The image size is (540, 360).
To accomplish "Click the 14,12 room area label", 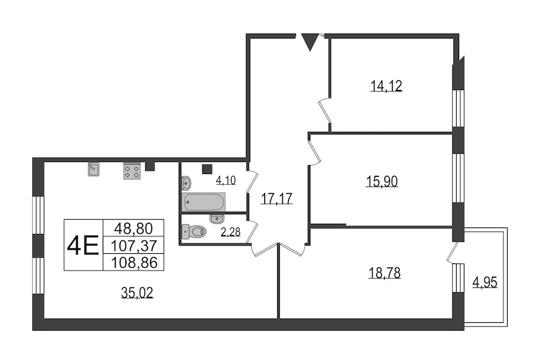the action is pos(386,86).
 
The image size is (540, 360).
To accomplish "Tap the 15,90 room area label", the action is pos(382,181).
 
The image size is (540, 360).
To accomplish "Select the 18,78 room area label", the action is pos(385,273).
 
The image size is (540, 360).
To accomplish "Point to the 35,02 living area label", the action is pos(137,292).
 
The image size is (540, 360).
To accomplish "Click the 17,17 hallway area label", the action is pos(277,199).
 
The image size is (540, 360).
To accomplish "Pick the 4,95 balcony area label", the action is pos(485,283).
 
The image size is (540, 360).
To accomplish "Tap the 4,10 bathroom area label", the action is pos(226,180).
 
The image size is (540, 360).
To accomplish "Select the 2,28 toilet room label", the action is pos(230,232).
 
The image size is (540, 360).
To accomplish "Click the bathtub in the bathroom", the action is pos(203,202).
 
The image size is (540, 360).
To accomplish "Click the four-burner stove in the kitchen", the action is pos(132,171).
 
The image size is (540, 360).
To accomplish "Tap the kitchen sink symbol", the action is pos(94,169).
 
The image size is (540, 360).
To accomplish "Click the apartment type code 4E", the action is pos(83,245).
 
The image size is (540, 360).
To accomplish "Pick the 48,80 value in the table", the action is pos(133,228).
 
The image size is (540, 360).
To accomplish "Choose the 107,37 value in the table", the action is pos(134,245).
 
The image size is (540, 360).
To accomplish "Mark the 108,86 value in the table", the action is pos(134,263).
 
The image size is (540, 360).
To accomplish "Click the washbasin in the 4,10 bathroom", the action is pos(187,183).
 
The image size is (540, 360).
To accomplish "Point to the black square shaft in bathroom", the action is pos(207,169).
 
